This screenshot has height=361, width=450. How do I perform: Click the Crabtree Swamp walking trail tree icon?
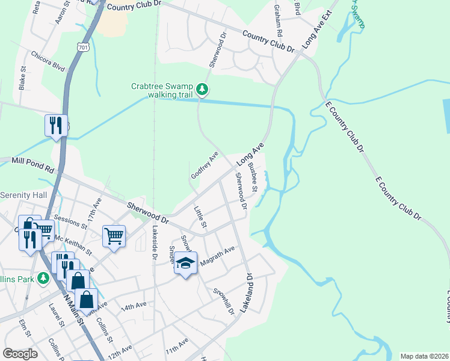203,90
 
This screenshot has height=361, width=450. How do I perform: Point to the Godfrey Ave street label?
205,165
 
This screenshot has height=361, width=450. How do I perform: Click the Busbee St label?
254,180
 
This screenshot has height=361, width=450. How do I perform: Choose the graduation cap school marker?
186,264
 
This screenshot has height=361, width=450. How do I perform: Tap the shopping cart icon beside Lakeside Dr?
114,235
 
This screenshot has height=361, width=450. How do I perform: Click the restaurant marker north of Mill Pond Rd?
56,125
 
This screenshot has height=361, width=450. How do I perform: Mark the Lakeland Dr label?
247,292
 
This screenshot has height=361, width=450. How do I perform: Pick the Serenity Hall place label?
23,196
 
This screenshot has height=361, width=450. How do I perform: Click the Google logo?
20,353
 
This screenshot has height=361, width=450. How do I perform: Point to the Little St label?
200,217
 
